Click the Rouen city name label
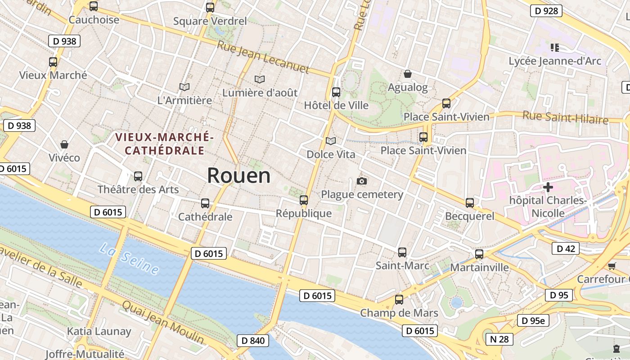238,175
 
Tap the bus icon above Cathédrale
205,203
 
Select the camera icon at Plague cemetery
361,181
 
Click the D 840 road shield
253,341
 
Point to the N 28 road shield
499,339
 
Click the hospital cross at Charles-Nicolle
548,187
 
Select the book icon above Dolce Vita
331,141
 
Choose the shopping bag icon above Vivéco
64,144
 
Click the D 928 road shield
546,11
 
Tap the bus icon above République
304,200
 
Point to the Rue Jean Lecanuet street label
263,57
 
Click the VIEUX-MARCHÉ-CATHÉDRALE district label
164,144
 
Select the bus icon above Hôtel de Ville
336,92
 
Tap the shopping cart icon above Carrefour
612,266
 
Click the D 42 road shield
566,248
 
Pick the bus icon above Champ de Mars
399,299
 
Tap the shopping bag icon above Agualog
408,74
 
